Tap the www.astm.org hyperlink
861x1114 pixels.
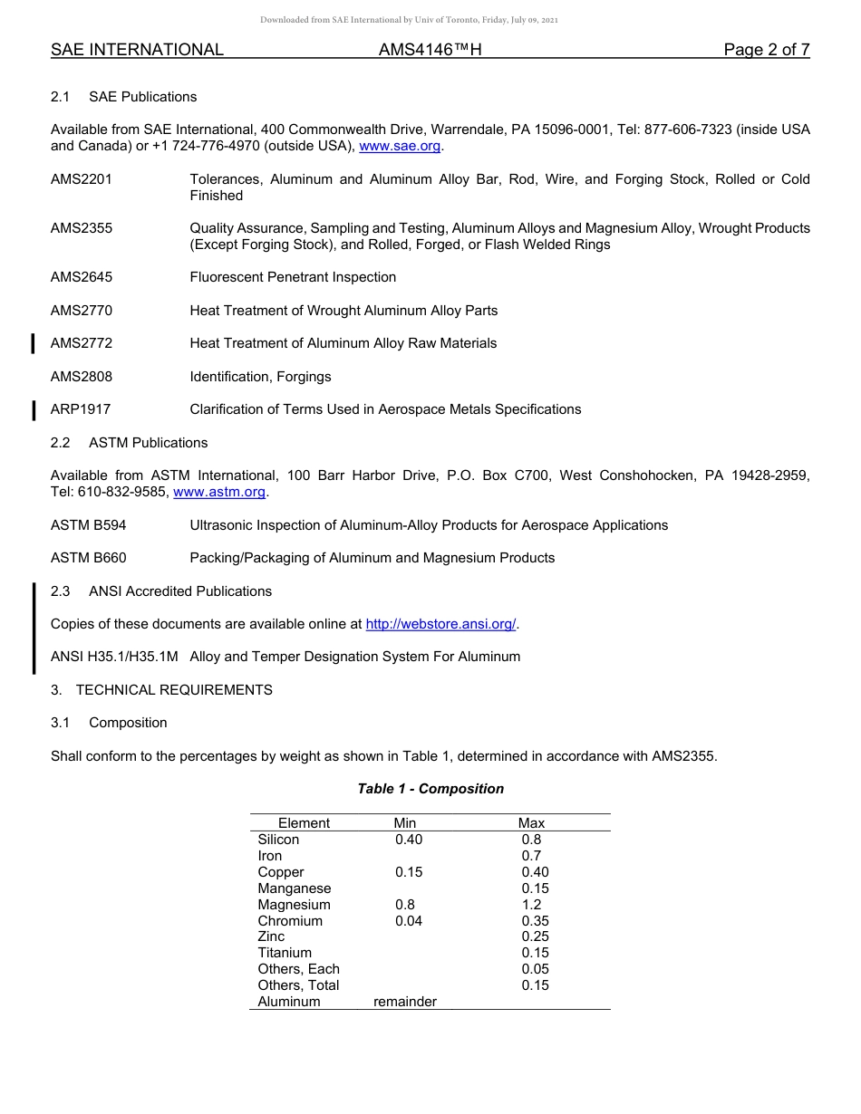click(219, 492)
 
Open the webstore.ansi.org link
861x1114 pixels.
click(440, 624)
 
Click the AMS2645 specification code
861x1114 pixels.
click(82, 277)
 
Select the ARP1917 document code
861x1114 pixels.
click(81, 409)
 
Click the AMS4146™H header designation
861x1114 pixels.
click(430, 50)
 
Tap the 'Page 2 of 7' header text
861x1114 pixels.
click(766, 50)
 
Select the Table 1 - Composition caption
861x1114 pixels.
click(430, 789)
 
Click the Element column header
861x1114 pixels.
click(304, 823)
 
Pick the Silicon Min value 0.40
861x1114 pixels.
click(409, 840)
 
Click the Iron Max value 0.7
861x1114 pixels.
click(531, 856)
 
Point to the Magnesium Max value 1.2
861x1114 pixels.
click(531, 905)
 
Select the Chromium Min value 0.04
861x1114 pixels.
click(409, 921)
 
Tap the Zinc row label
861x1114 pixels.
click(271, 936)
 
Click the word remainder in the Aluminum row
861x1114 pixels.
click(405, 1002)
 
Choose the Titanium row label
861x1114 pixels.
click(285, 953)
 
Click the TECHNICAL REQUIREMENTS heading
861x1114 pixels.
click(174, 690)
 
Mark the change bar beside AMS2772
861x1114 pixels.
click(34, 343)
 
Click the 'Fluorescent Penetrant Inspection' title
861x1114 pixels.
click(293, 277)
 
